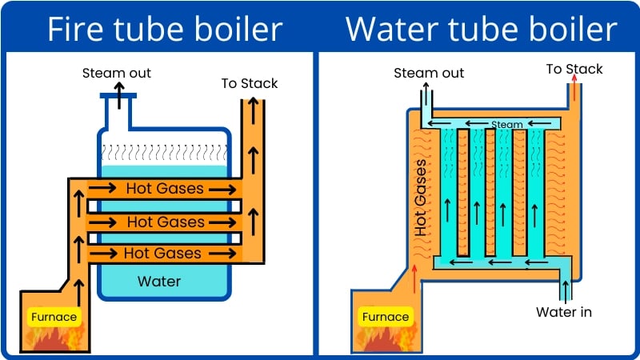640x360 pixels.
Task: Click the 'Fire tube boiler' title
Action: (164, 30)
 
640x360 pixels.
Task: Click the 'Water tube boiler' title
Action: (481, 30)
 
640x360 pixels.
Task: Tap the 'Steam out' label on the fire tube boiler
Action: (117, 74)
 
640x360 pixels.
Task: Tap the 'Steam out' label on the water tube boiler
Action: (429, 74)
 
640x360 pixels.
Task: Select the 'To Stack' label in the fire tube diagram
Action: (250, 83)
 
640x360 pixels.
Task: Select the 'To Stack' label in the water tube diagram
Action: (574, 70)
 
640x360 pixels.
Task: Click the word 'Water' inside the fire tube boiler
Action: (159, 282)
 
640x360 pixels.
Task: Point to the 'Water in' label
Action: (564, 311)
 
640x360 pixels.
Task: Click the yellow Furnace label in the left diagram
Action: (54, 317)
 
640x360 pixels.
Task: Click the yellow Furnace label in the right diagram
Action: (386, 317)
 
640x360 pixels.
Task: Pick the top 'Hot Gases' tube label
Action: (165, 190)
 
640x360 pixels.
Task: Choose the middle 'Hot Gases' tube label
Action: (166, 222)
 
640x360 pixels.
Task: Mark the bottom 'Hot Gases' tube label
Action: (163, 254)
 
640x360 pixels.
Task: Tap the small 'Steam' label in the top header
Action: (506, 125)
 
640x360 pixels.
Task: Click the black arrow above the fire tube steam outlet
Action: (118, 94)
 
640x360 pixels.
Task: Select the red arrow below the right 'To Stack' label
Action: (574, 87)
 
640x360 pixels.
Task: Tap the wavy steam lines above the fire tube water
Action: (164, 149)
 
